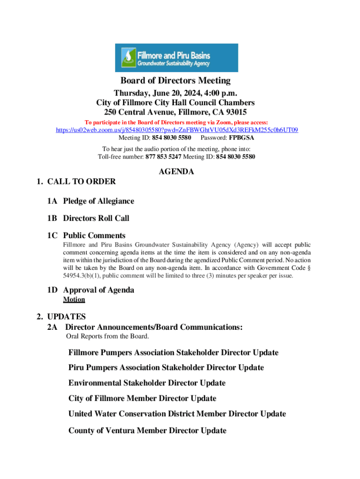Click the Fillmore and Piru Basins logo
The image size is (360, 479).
click(x=176, y=58)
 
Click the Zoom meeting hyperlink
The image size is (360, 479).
click(x=177, y=130)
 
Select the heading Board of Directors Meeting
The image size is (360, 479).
click(x=175, y=81)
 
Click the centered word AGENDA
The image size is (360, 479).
click(x=176, y=172)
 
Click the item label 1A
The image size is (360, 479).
click(x=52, y=201)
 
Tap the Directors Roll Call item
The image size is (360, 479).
click(x=96, y=218)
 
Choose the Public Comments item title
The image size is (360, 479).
click(x=94, y=236)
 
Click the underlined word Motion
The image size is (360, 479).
click(x=74, y=299)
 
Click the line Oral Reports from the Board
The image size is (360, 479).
click(x=108, y=336)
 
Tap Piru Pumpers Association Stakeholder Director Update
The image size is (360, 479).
click(x=166, y=368)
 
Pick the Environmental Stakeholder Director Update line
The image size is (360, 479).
click(x=147, y=383)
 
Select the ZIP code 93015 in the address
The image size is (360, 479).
click(x=235, y=112)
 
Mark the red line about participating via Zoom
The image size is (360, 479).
click(x=176, y=122)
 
